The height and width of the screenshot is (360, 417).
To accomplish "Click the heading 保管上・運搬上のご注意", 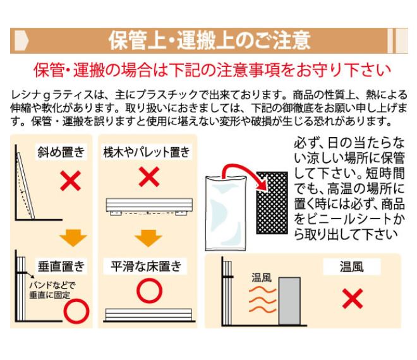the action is click(209, 40).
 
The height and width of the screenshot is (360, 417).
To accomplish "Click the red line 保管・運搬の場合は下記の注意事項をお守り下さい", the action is click(212, 70).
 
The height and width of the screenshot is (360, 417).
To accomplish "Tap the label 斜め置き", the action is click(61, 152).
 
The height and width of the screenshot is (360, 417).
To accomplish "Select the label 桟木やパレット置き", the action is click(147, 152).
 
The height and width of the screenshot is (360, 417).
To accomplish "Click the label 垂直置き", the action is click(61, 266).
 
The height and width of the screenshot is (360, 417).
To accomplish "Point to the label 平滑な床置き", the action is click(147, 266).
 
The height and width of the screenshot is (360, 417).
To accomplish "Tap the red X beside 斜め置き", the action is click(70, 181).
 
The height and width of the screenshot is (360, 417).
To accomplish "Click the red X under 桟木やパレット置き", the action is click(149, 177).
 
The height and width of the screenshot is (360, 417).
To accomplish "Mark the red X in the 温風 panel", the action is click(353, 299).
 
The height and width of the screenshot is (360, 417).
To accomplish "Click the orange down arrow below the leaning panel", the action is click(73, 238).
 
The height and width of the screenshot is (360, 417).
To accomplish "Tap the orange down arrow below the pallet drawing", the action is click(148, 238).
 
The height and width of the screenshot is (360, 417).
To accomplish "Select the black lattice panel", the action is click(272, 203).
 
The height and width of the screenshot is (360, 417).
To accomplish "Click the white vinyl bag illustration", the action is click(226, 213).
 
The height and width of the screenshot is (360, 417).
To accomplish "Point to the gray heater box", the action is click(289, 301).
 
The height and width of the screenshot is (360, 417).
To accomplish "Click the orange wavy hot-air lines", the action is click(262, 299).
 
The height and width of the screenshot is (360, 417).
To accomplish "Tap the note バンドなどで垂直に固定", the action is click(52, 290).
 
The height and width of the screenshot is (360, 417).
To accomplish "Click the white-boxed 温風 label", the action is click(351, 267).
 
